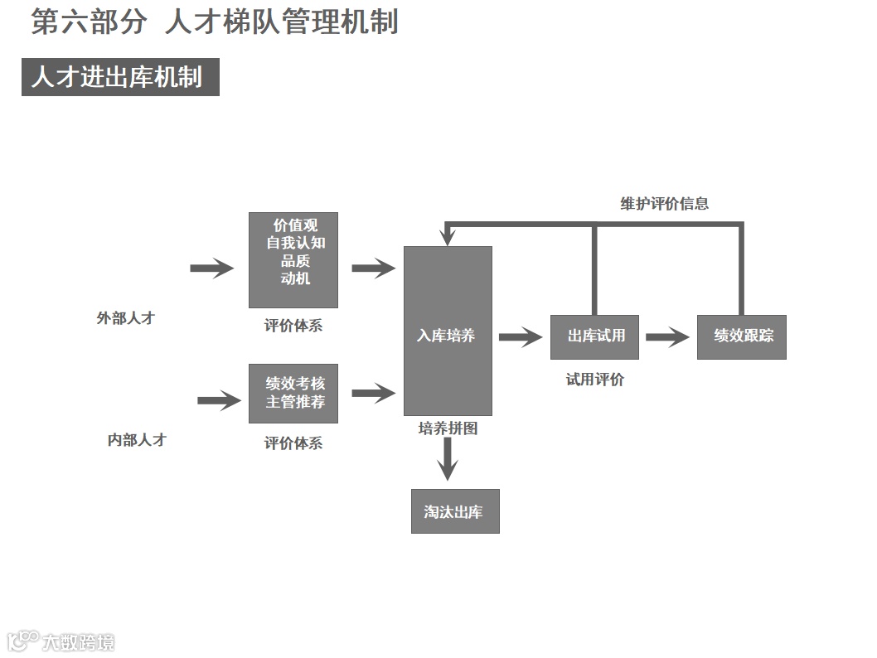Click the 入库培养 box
click(x=448, y=331)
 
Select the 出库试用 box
click(x=594, y=336)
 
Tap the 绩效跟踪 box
click(x=741, y=336)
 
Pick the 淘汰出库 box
click(x=455, y=511)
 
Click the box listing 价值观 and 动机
click(x=293, y=259)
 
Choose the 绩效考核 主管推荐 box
click(x=293, y=393)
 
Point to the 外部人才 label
click(x=125, y=317)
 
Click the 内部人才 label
click(x=137, y=440)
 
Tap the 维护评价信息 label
click(x=664, y=203)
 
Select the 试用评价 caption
click(x=594, y=380)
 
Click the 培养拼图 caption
click(x=448, y=428)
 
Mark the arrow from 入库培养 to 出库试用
click(x=521, y=336)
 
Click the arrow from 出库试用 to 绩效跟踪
click(x=667, y=336)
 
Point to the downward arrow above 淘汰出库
click(x=448, y=458)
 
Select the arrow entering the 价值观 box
click(x=212, y=268)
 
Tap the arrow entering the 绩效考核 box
click(x=219, y=400)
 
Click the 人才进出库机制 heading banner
click(x=120, y=77)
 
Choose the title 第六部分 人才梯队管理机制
click(x=215, y=22)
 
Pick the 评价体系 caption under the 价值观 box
click(x=293, y=326)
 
